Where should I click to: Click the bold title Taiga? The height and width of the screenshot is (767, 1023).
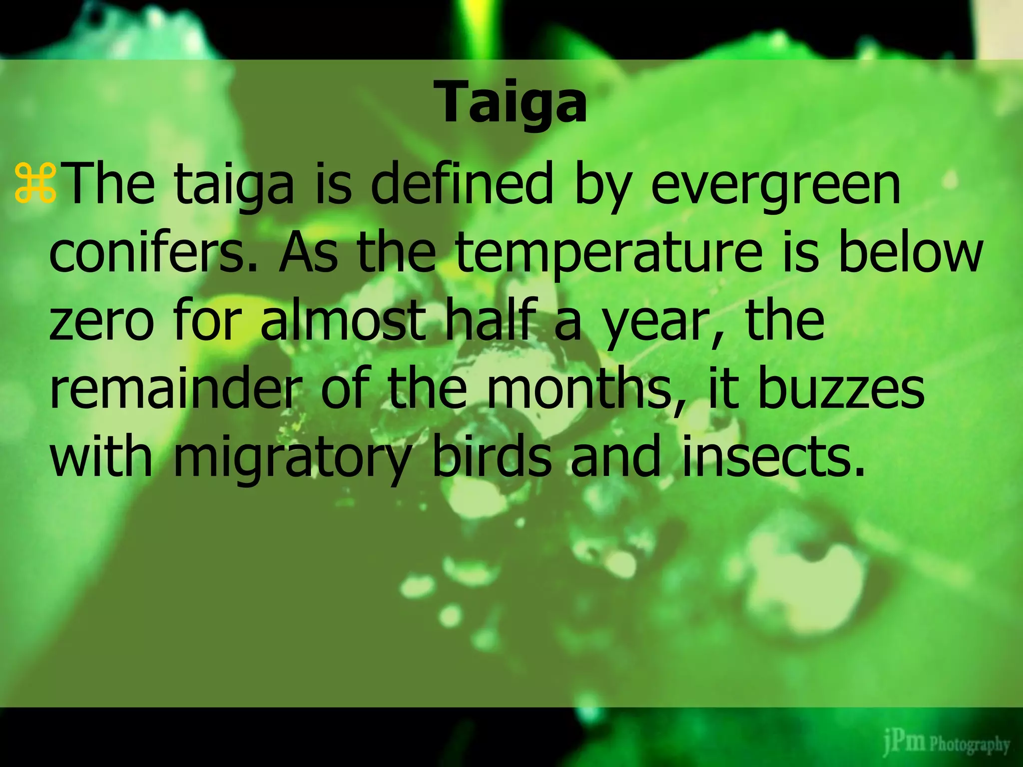point(512,103)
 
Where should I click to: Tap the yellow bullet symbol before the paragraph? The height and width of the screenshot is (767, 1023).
point(35,185)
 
